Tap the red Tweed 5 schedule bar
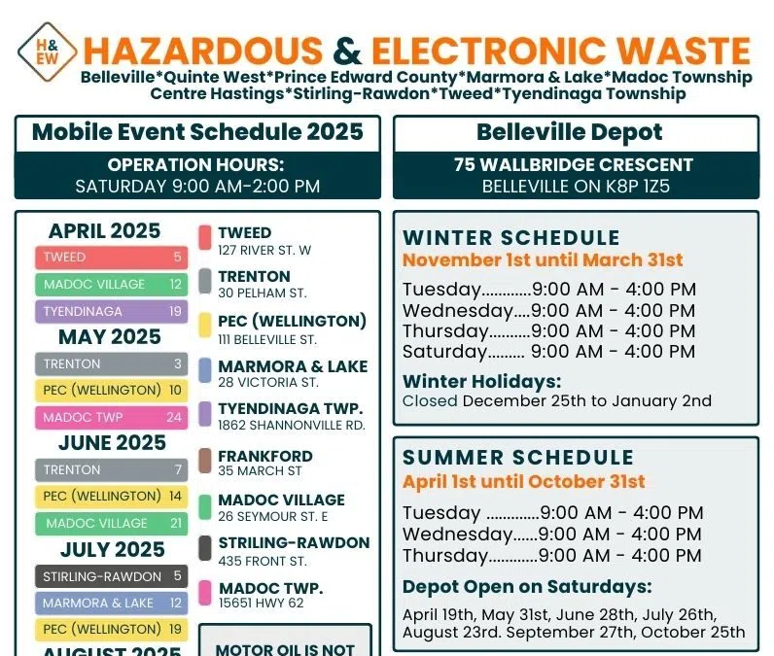[112, 258]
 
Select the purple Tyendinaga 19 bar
[112, 312]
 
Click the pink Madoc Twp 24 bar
[112, 418]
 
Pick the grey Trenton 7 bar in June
[112, 470]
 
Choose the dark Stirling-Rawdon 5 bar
[112, 576]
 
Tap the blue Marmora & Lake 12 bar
[112, 604]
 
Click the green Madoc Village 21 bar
[112, 523]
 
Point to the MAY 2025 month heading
[109, 337]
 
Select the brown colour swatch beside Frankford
[205, 461]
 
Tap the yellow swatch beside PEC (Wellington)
[205, 326]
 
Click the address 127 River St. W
[264, 251]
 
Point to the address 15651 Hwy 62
[262, 604]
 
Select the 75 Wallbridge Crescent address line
[576, 165]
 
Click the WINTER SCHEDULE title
[511, 238]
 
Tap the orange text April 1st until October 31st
[524, 481]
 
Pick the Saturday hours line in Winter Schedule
[548, 352]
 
